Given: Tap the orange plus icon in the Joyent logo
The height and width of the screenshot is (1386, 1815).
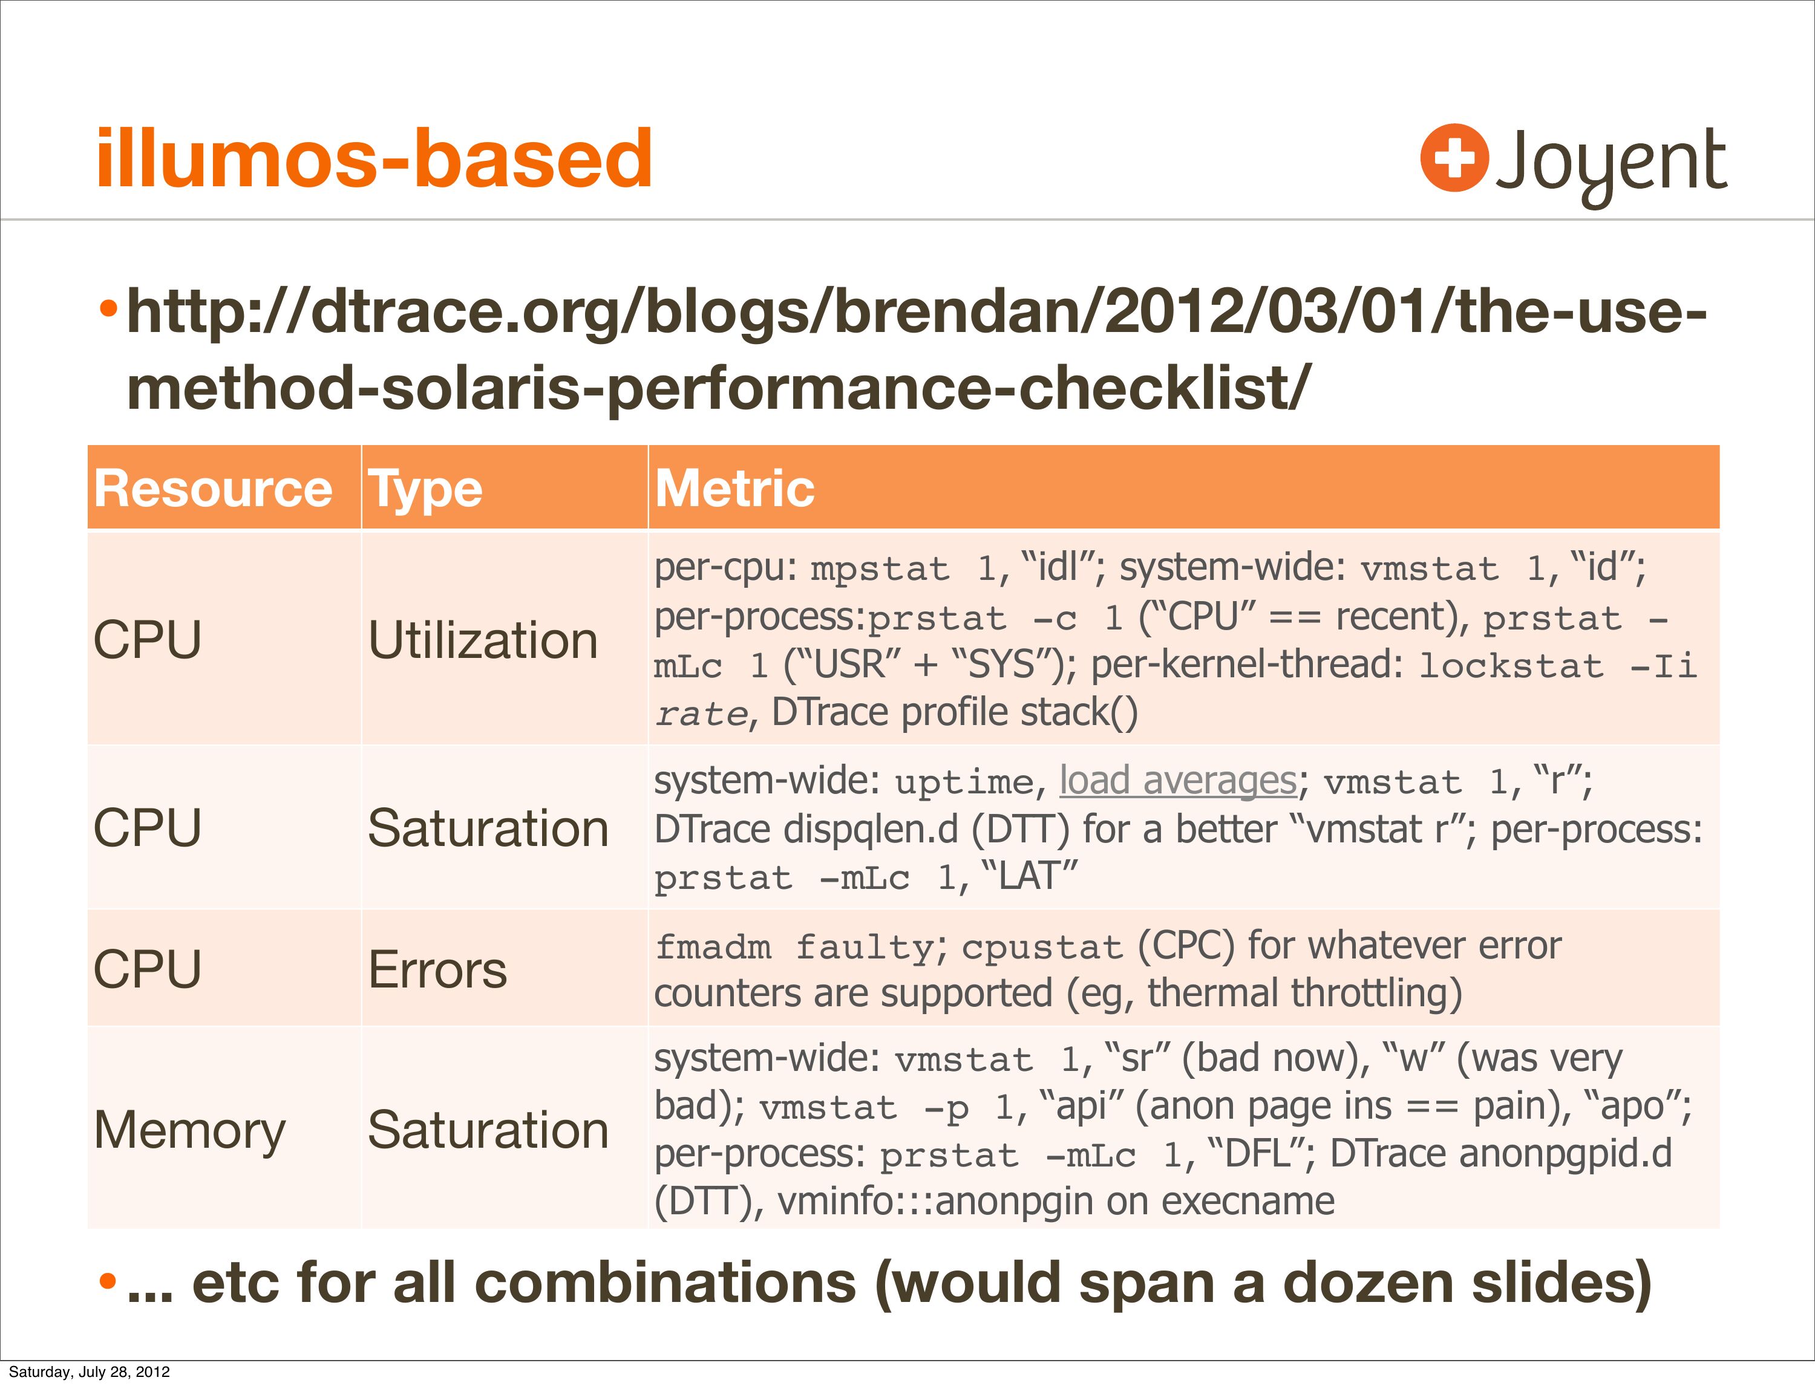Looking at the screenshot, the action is [1454, 158].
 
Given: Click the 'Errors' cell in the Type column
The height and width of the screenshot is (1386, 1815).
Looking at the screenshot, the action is [437, 969].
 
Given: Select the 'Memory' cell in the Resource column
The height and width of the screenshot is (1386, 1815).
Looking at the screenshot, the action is [190, 1131].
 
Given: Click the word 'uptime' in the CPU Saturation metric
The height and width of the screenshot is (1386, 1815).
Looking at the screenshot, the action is [964, 782].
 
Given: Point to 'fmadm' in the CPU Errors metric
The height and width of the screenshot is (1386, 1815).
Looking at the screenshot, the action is [714, 947].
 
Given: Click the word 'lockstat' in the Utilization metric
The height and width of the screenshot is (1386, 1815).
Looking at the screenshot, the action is [1511, 666].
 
